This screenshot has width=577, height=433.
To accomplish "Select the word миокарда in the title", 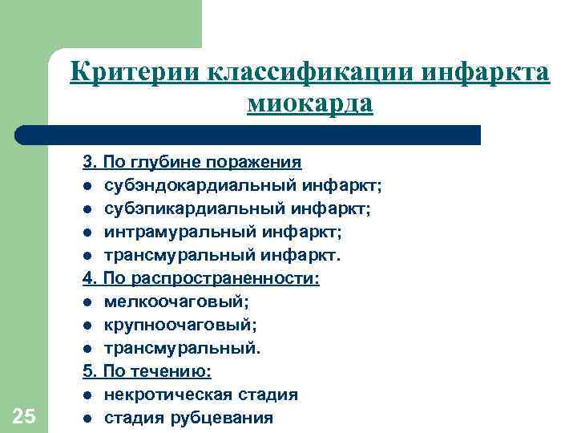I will [x=310, y=103].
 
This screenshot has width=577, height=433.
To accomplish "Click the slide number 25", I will [x=24, y=415].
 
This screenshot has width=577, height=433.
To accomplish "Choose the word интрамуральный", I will [x=174, y=232].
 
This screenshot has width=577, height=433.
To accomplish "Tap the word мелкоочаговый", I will [x=165, y=301].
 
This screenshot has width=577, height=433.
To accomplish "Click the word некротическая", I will [x=169, y=395].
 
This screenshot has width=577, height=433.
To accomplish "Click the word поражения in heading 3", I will [x=254, y=162].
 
